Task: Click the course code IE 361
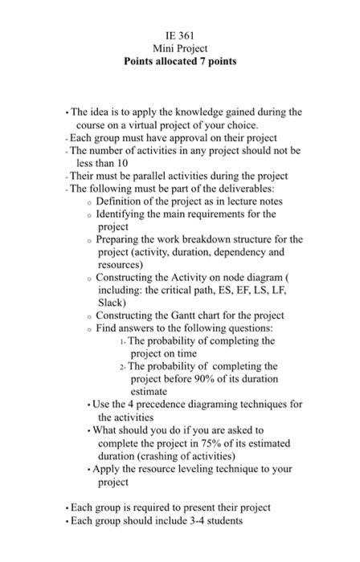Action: pos(180,35)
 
